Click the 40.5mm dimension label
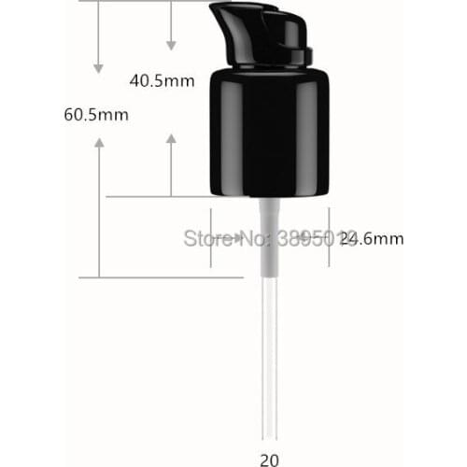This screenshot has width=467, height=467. click(x=162, y=80)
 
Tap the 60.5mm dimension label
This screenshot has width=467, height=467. click(x=96, y=115)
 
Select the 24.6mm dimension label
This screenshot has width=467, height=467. click(x=372, y=238)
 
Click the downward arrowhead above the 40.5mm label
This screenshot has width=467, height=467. click(x=171, y=44)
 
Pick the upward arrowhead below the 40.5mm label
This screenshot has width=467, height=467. click(x=171, y=139)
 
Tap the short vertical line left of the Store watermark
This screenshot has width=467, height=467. click(x=211, y=238)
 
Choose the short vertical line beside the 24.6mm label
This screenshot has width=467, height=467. click(x=329, y=238)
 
